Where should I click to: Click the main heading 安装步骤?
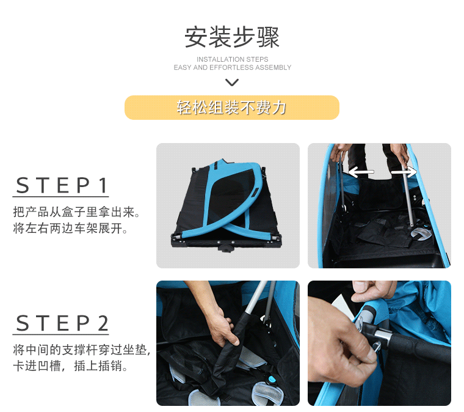pos(232,37)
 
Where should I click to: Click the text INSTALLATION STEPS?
pos(232,59)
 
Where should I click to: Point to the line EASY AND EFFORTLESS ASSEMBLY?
pos(232,67)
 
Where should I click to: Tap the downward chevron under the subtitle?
pos(232,82)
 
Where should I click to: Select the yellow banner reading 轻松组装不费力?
pos(232,108)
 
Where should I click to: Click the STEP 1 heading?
pos(61,185)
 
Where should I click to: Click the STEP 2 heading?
pos(62,323)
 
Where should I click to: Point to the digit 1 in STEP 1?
pos(103,185)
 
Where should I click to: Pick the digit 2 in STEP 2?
pos(103,323)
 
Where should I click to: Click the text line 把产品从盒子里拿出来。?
pos(76,212)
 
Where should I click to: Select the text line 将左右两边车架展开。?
pos(70,229)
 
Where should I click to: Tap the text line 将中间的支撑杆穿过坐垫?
pos(82,350)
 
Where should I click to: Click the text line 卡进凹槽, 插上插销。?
pos(70,366)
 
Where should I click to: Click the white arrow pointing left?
pos(361,172)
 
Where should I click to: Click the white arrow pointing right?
pos(404,172)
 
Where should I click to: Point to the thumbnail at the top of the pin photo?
pos(362,286)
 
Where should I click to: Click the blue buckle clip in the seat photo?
pos(272,379)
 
